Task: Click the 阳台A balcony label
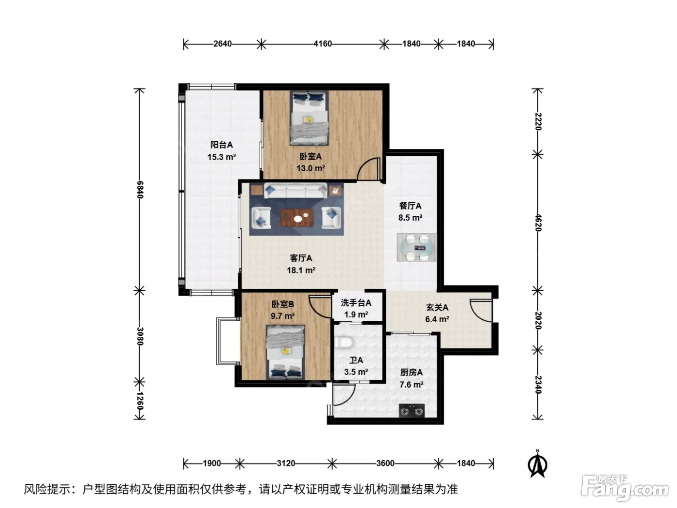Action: (x=221, y=145)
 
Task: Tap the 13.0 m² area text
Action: (x=310, y=168)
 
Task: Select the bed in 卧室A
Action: (x=309, y=118)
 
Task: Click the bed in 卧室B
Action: (x=286, y=352)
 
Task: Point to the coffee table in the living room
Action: (x=297, y=218)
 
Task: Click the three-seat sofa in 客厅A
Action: (x=295, y=191)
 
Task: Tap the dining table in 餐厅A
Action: (x=417, y=247)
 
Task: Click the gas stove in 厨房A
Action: (x=412, y=411)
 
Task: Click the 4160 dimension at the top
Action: (x=323, y=44)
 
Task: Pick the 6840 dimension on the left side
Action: (x=140, y=190)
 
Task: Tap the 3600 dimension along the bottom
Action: (x=385, y=463)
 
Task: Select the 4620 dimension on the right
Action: (x=538, y=223)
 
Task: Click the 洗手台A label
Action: (x=356, y=303)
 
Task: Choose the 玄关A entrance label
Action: (x=437, y=307)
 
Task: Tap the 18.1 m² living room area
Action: (x=301, y=270)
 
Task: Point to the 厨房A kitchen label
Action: (x=411, y=373)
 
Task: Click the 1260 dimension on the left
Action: (x=140, y=401)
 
